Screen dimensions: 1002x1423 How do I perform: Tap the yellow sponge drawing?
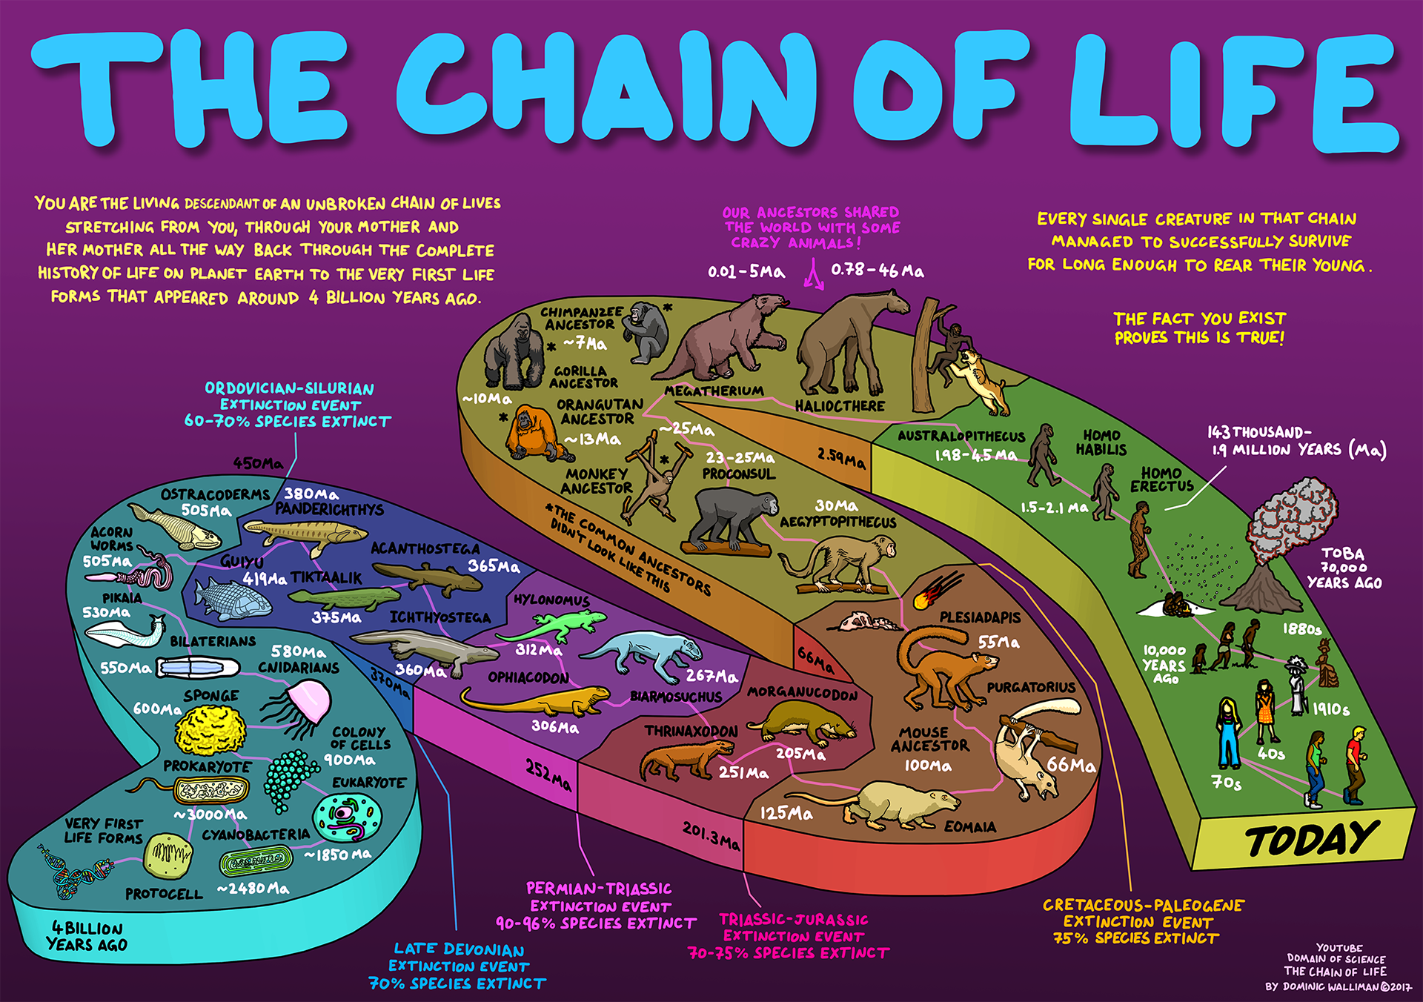point(210,729)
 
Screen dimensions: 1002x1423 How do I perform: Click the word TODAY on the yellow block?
point(1311,840)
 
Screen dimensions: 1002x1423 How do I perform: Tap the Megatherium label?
point(713,391)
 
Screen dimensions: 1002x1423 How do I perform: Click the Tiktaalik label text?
point(326,577)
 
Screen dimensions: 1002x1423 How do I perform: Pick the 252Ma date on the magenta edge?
point(548,774)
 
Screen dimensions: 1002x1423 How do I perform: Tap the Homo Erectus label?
point(1161,479)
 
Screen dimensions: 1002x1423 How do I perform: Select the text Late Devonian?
point(459,949)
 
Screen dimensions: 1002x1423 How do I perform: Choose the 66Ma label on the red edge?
point(815,659)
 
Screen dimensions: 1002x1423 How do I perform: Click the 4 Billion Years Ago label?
point(87,936)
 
